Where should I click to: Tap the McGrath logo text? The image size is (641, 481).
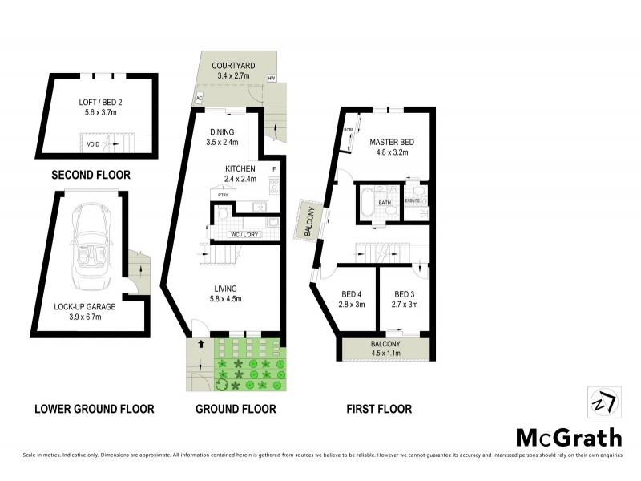(568, 437)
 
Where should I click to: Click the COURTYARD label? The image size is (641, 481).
(233, 65)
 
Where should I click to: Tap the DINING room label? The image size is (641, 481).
(222, 133)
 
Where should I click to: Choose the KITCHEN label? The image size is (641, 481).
(240, 168)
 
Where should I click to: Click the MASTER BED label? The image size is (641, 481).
(389, 142)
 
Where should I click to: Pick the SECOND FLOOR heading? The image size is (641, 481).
(91, 175)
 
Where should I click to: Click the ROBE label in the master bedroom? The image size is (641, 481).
(349, 129)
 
